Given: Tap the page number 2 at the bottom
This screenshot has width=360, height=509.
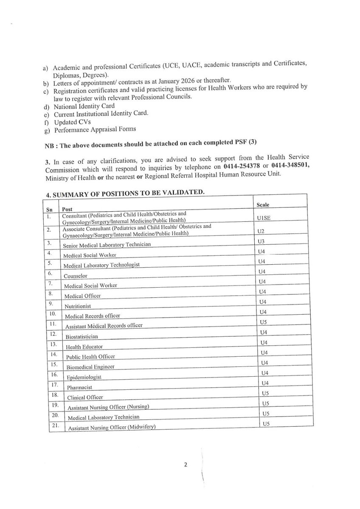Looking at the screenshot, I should (186, 464).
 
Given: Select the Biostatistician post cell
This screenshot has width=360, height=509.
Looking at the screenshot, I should (82, 336).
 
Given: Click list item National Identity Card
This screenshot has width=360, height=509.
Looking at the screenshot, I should (84, 106).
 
